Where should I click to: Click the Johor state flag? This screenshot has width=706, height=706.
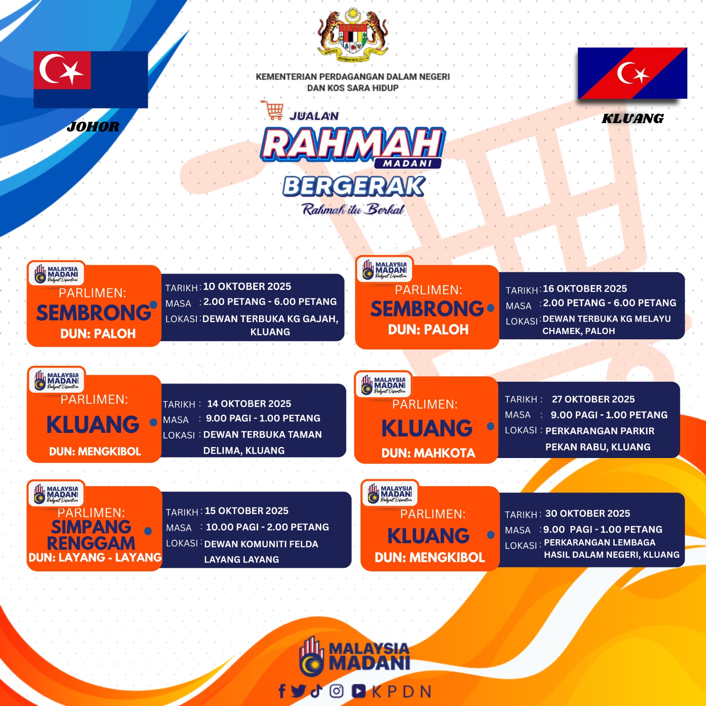[91, 79]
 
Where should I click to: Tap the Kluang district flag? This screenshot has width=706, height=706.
[632, 73]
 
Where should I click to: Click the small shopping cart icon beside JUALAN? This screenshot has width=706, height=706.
[273, 110]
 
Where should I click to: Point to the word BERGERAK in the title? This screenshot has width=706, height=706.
[354, 186]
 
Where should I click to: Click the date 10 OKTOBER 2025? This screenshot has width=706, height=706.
[247, 286]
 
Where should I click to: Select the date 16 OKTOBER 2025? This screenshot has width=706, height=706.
[585, 289]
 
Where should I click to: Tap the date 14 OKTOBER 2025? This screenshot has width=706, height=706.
[249, 404]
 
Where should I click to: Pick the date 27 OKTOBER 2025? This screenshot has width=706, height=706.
[593, 399]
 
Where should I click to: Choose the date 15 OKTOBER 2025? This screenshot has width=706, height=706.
[247, 511]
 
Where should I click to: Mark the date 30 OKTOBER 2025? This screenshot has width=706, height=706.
[588, 514]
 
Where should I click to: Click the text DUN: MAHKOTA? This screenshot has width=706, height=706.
[428, 453]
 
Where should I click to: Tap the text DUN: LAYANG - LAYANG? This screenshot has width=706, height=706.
[95, 557]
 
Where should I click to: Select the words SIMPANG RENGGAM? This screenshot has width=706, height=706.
[91, 535]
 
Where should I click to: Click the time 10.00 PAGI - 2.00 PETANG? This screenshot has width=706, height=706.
[267, 527]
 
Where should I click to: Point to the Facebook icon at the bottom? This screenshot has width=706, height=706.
[282, 691]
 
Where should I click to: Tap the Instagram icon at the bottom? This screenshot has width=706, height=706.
[337, 691]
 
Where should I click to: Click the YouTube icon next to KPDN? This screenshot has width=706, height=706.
[359, 691]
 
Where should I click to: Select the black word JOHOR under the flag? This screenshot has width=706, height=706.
[93, 127]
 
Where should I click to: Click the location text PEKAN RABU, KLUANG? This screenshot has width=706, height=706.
[598, 447]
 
